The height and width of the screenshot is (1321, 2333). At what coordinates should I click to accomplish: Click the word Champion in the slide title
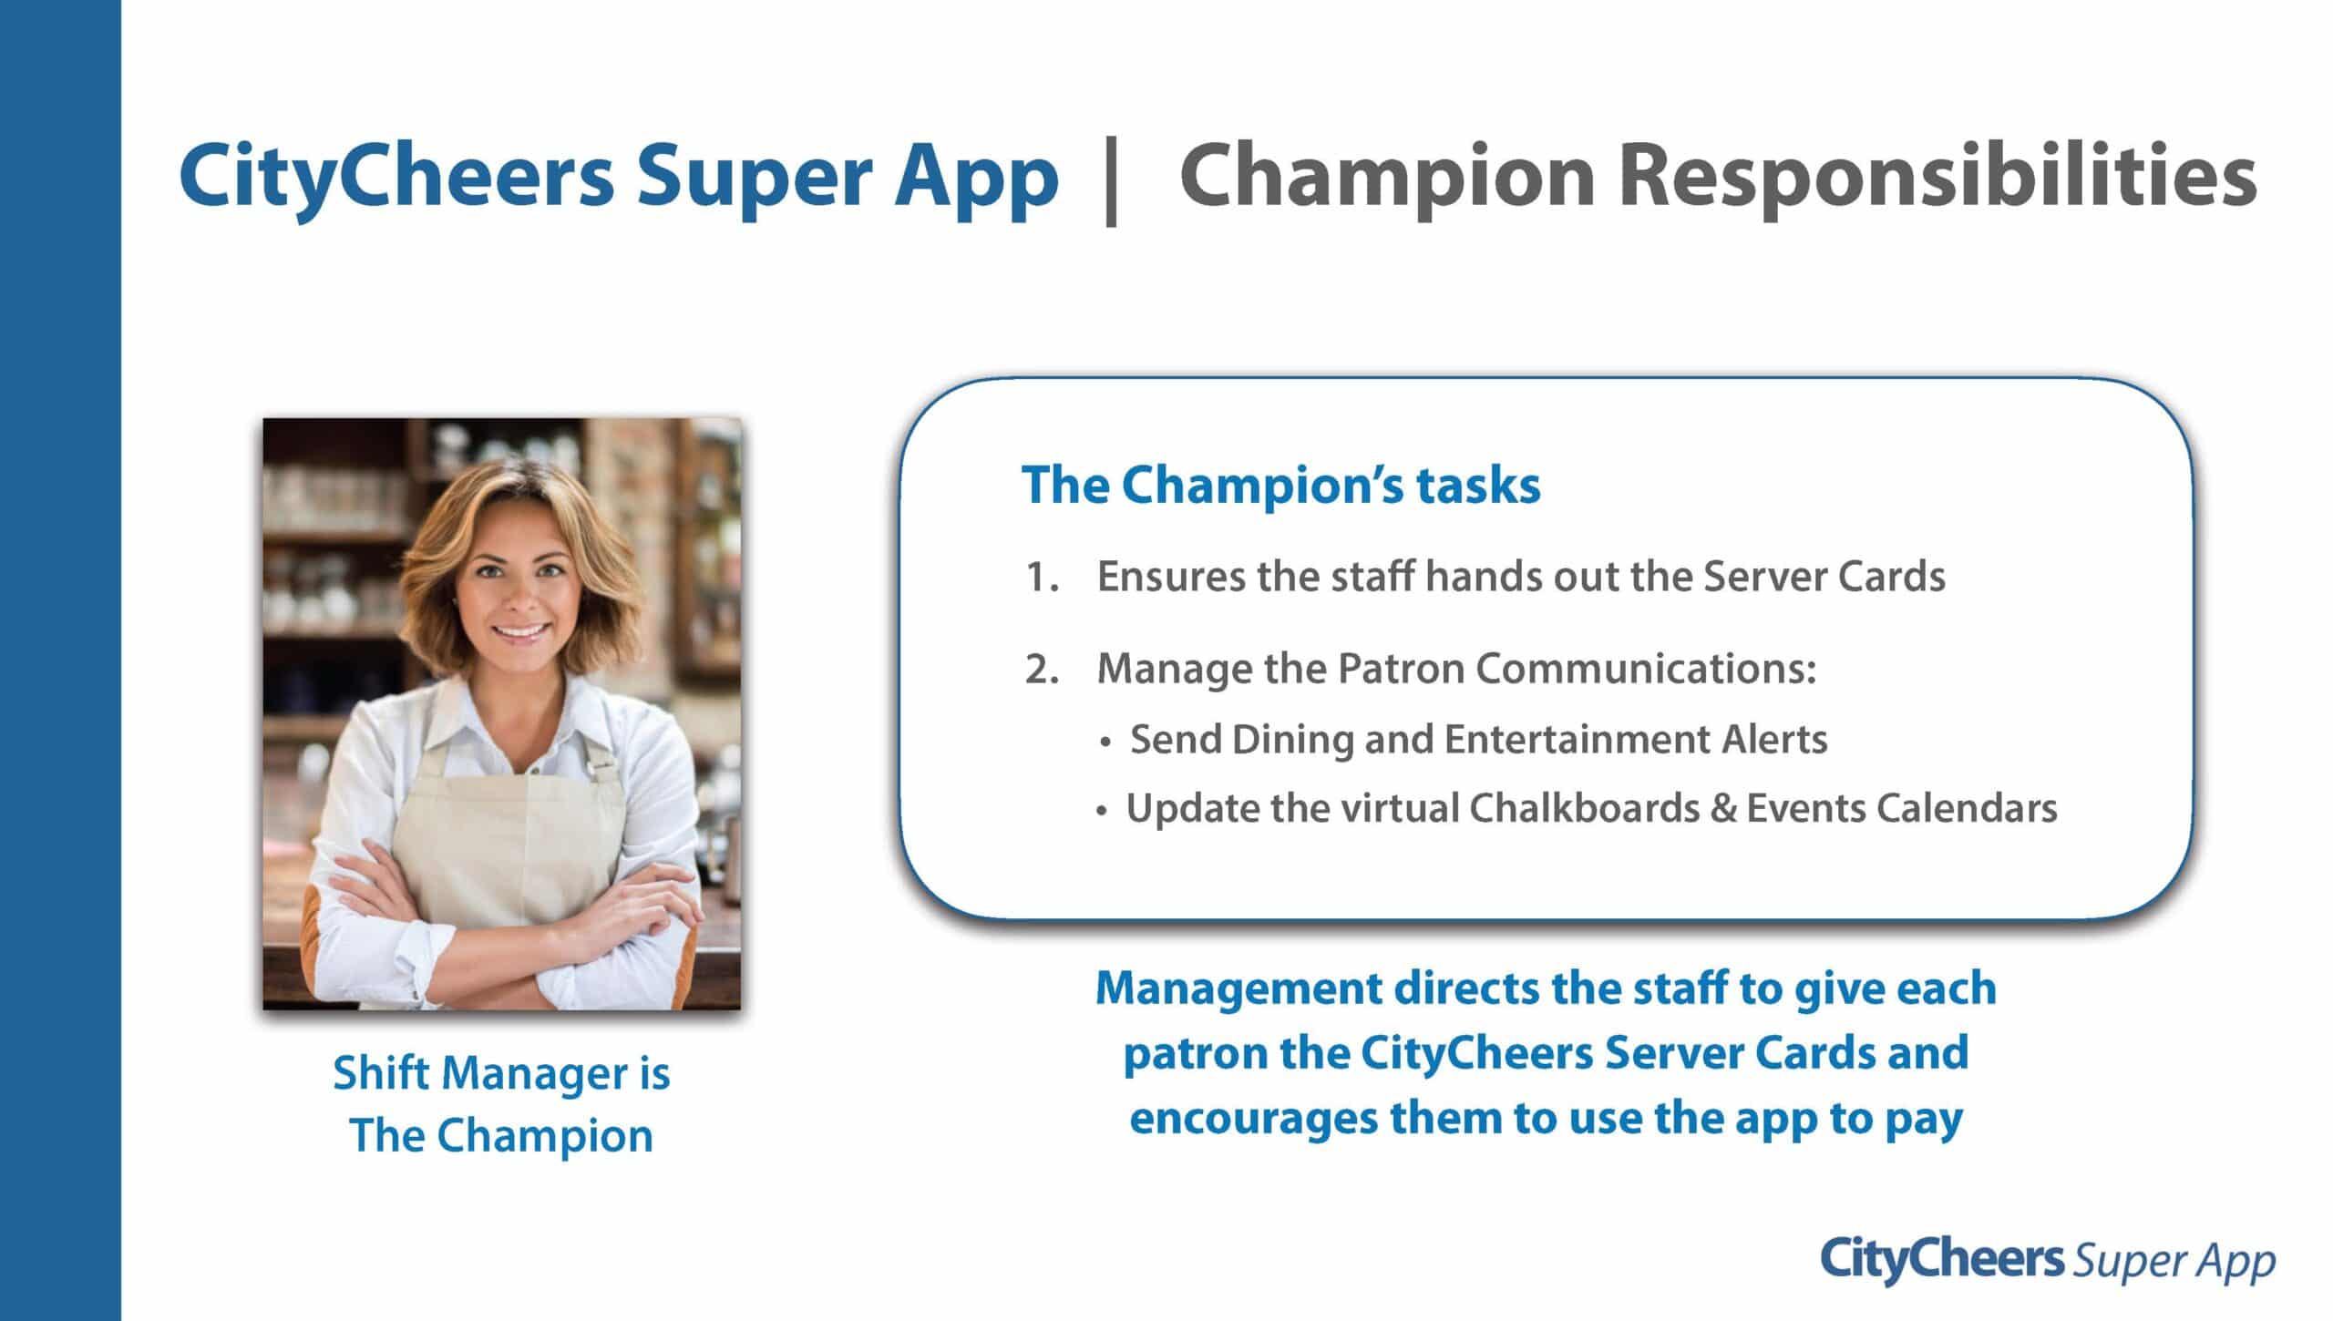pyautogui.click(x=1387, y=178)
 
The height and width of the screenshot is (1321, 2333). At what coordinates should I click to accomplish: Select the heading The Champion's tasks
pyautogui.click(x=1280, y=485)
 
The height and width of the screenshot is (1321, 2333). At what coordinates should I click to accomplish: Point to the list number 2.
pyautogui.click(x=1042, y=670)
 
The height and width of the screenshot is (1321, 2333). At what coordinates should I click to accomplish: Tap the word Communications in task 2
pyautogui.click(x=1646, y=669)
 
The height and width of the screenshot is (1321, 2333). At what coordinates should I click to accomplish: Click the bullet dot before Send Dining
pyautogui.click(x=1105, y=742)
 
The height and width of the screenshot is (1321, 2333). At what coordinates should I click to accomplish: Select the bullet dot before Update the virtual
pyautogui.click(x=1102, y=810)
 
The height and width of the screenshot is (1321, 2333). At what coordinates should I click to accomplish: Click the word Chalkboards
pyautogui.click(x=1584, y=808)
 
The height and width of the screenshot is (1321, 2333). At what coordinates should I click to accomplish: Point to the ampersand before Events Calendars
pyautogui.click(x=1723, y=808)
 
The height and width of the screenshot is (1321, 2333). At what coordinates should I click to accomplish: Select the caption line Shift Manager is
pyautogui.click(x=501, y=1074)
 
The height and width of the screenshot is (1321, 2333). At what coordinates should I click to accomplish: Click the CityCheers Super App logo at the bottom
pyautogui.click(x=2048, y=1260)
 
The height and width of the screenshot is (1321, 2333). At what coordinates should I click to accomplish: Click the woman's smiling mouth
pyautogui.click(x=520, y=630)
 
